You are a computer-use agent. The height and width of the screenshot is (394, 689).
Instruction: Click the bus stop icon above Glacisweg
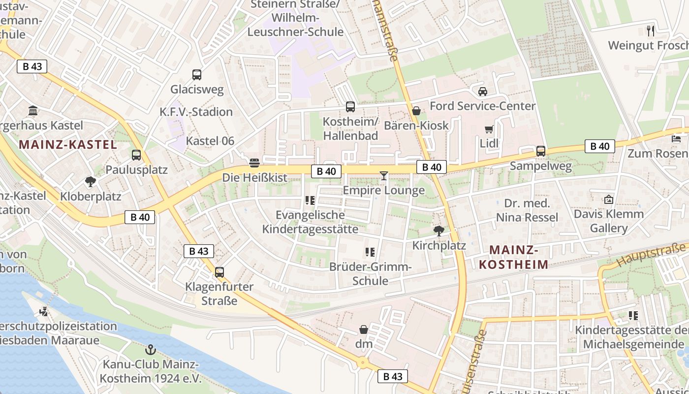pyautogui.click(x=197, y=75)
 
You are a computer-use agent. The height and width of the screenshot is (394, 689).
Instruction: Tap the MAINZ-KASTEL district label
pyautogui.click(x=68, y=145)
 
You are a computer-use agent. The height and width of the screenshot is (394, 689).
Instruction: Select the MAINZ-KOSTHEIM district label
pyautogui.click(x=514, y=258)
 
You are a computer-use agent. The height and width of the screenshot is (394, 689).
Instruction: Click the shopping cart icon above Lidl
pyautogui.click(x=489, y=130)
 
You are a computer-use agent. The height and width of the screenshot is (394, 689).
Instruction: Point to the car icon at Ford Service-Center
pyautogui.click(x=483, y=92)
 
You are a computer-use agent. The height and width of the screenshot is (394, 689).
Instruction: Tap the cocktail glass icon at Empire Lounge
pyautogui.click(x=384, y=176)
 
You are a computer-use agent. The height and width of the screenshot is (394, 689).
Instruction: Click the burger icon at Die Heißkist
pyautogui.click(x=254, y=163)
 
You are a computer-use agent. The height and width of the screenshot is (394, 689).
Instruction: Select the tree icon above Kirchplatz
pyautogui.click(x=438, y=231)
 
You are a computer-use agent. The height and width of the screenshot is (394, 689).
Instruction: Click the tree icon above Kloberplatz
pyautogui.click(x=91, y=182)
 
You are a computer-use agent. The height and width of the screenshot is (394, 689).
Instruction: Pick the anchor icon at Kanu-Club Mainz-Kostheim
pyautogui.click(x=151, y=350)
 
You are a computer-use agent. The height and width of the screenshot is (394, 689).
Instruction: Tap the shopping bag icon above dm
pyautogui.click(x=364, y=329)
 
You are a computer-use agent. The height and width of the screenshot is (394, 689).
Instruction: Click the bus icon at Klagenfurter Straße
pyautogui.click(x=219, y=272)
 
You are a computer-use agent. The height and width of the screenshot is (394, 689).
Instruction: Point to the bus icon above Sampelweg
pyautogui.click(x=541, y=151)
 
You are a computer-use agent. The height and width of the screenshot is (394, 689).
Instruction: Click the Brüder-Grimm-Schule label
pyautogui.click(x=371, y=274)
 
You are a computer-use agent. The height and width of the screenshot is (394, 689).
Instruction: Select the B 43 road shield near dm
pyautogui.click(x=393, y=377)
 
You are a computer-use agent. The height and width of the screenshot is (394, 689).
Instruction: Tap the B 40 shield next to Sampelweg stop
pyautogui.click(x=599, y=146)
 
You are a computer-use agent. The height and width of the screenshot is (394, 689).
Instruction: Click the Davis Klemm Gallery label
pyautogui.click(x=609, y=221)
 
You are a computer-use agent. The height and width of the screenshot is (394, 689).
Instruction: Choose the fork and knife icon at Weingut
pyautogui.click(x=651, y=31)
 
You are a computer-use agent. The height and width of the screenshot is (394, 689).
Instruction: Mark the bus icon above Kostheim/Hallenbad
pyautogui.click(x=350, y=107)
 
